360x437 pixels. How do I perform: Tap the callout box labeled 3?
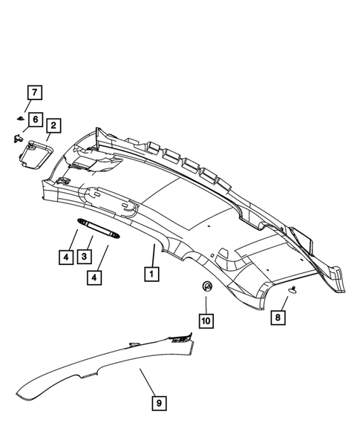[86, 257]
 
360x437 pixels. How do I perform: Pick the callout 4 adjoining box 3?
[66, 257]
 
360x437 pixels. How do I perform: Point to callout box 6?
[34, 119]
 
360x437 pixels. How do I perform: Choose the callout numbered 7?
[34, 93]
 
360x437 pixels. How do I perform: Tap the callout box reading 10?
[206, 321]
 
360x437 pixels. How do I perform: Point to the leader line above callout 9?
[148, 382]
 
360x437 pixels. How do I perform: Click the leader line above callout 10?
[206, 303]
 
